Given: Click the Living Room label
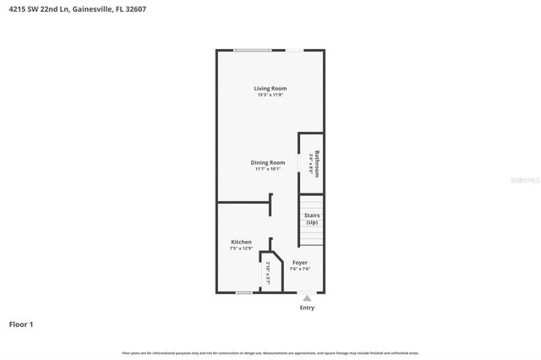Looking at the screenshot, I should pyautogui.click(x=270, y=88).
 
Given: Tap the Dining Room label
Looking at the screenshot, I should pyautogui.click(x=267, y=162).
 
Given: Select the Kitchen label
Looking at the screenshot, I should pyautogui.click(x=241, y=243).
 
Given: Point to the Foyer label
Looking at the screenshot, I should pyautogui.click(x=300, y=263).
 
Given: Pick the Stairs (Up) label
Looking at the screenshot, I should pyautogui.click(x=311, y=219).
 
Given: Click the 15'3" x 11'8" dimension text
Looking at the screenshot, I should pyautogui.click(x=270, y=95).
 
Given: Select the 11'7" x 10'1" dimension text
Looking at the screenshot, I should pyautogui.click(x=267, y=169).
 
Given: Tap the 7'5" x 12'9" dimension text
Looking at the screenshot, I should pyautogui.click(x=241, y=249).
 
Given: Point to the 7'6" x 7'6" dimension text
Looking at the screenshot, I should pyautogui.click(x=300, y=270).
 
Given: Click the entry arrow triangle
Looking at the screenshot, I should pyautogui.click(x=307, y=298).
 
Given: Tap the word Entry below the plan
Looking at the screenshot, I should pyautogui.click(x=307, y=308).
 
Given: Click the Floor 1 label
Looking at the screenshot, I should pyautogui.click(x=21, y=324).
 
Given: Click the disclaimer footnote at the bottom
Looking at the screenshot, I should pyautogui.click(x=270, y=353).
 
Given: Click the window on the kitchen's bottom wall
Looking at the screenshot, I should pyautogui.click(x=244, y=292).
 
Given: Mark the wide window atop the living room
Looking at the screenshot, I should pyautogui.click(x=253, y=51).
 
